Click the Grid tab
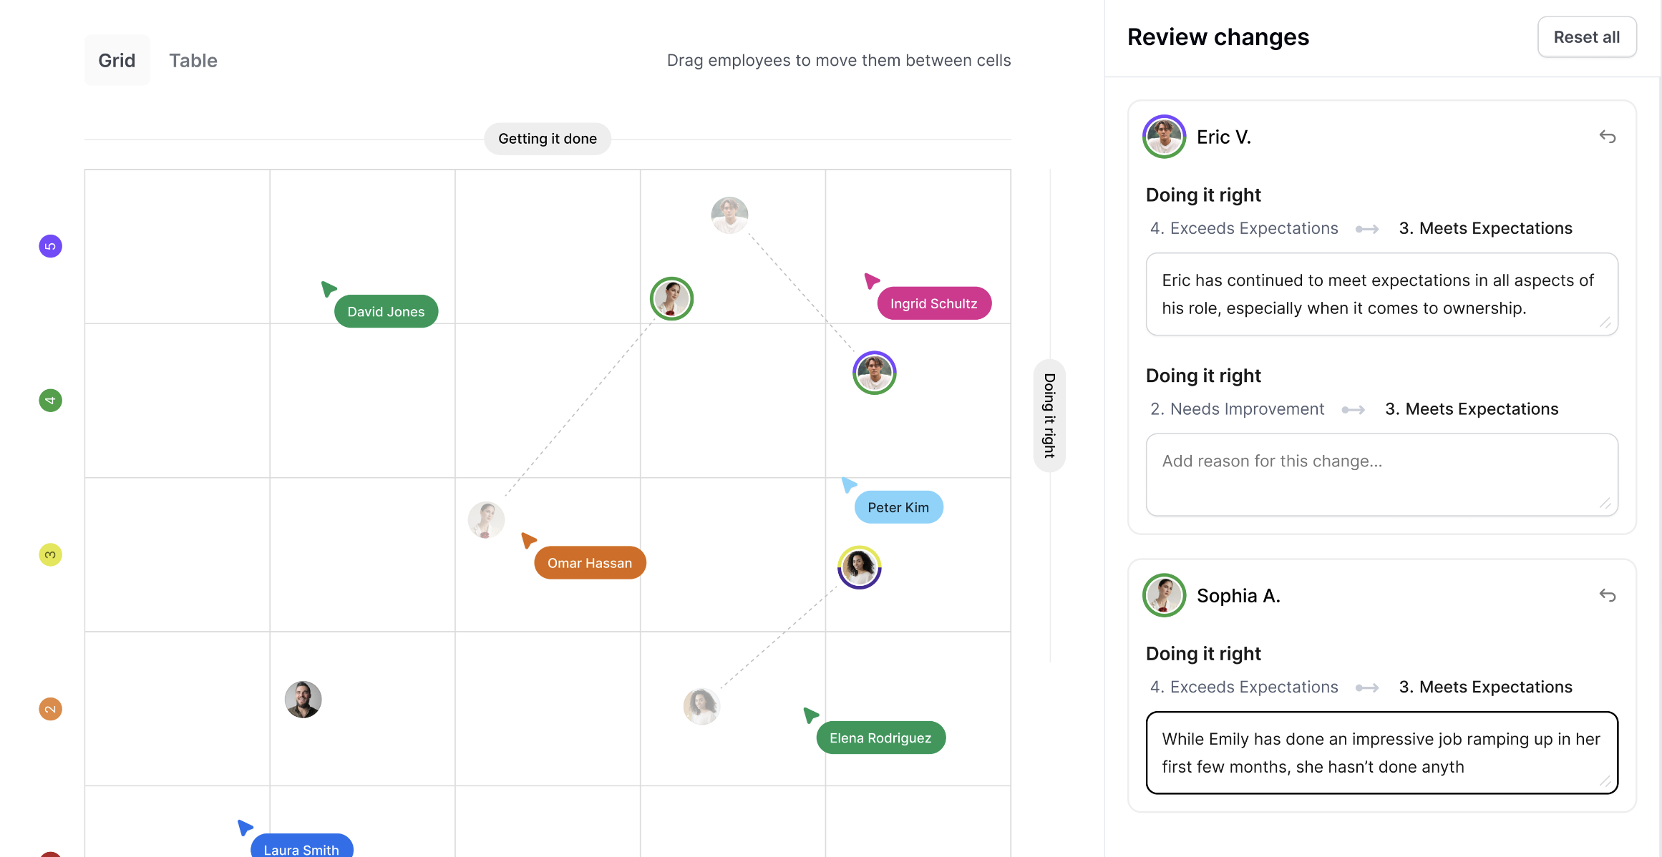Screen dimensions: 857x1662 pyautogui.click(x=117, y=61)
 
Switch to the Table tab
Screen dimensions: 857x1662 pyautogui.click(x=193, y=61)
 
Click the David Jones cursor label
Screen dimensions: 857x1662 pyautogui.click(x=386, y=312)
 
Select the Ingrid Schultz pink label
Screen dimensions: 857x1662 pyautogui.click(x=933, y=304)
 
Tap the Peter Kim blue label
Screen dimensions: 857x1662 pyautogui.click(x=898, y=508)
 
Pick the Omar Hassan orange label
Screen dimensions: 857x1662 pyautogui.click(x=590, y=564)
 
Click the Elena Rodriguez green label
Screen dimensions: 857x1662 pyautogui.click(x=880, y=738)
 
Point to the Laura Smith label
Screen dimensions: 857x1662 pyautogui.click(x=301, y=848)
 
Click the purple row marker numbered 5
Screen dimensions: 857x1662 pyautogui.click(x=50, y=247)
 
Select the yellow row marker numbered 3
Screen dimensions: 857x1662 pyautogui.click(x=50, y=555)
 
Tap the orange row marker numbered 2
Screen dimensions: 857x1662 pyautogui.click(x=50, y=710)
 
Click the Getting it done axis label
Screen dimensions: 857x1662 pyautogui.click(x=548, y=139)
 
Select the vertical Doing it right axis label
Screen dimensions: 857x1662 pyautogui.click(x=1049, y=416)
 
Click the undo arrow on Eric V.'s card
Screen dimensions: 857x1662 pyautogui.click(x=1608, y=137)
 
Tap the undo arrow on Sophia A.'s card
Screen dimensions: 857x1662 pyautogui.click(x=1608, y=595)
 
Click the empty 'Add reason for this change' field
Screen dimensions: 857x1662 pyautogui.click(x=1381, y=474)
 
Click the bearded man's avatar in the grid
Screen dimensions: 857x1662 pyautogui.click(x=303, y=700)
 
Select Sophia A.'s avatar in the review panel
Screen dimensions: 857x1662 pyautogui.click(x=1165, y=595)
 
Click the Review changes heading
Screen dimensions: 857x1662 pyautogui.click(x=1218, y=37)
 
